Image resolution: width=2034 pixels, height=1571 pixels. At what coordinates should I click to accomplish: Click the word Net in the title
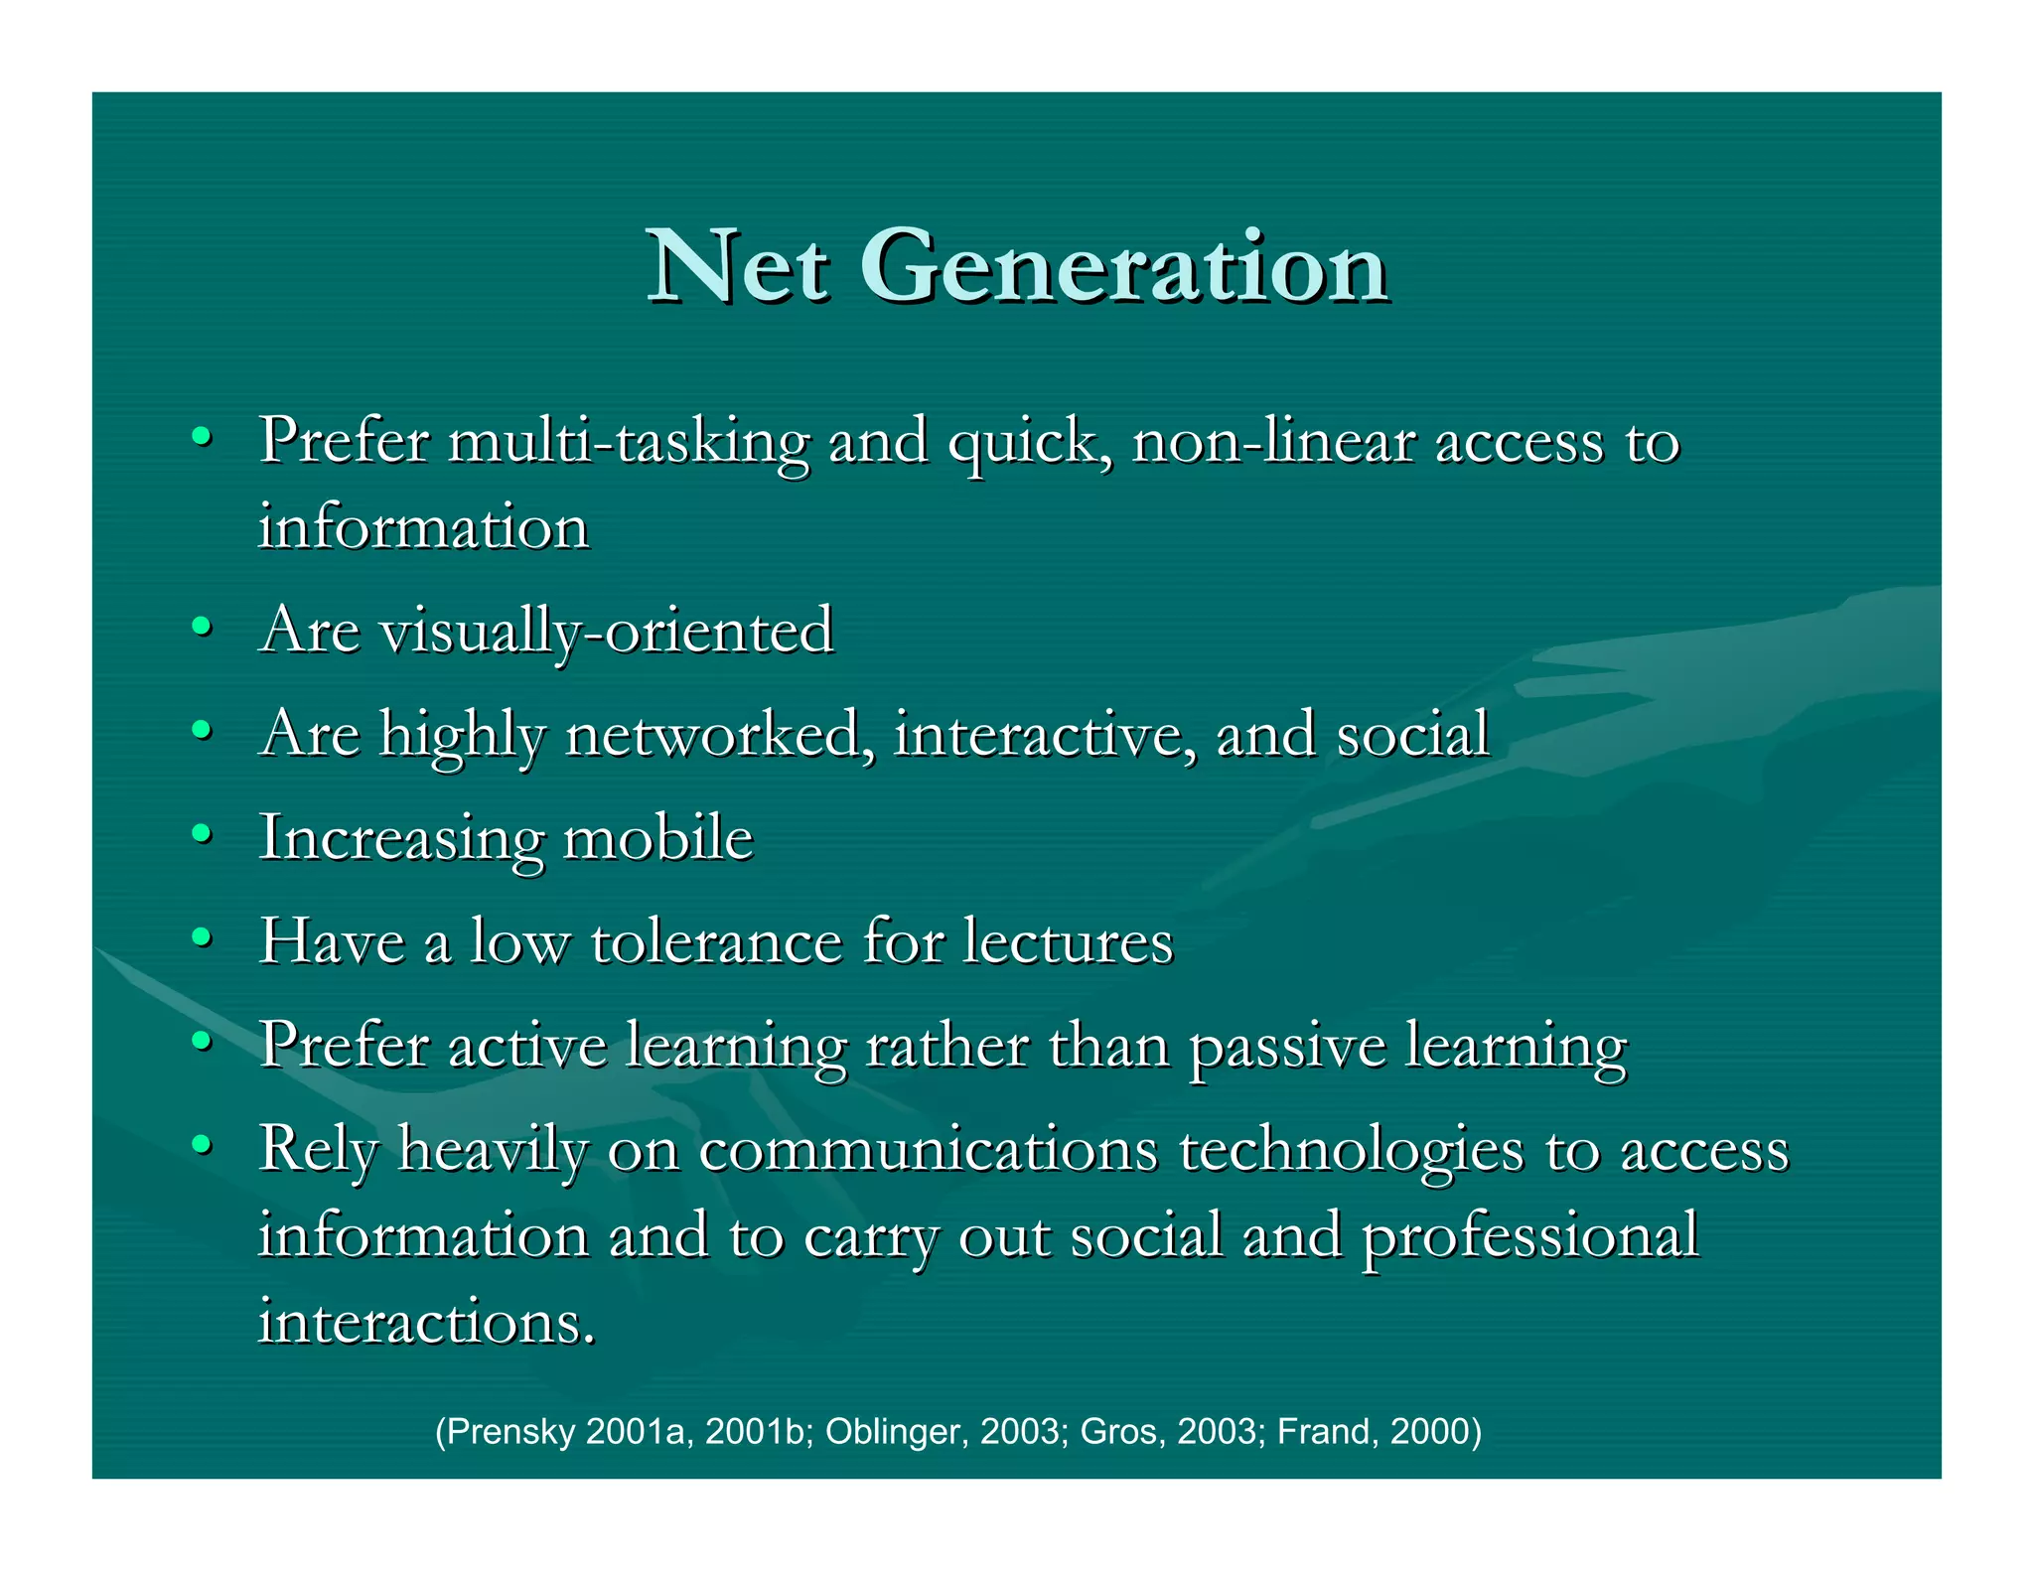click(x=737, y=266)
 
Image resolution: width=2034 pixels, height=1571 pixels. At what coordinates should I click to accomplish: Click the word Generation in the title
click(x=1124, y=266)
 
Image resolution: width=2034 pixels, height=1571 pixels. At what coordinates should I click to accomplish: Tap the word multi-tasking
click(x=629, y=442)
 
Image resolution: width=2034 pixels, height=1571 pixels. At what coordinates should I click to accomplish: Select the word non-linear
click(x=1273, y=442)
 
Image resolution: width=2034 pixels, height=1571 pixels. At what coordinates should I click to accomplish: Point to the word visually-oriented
click(x=607, y=632)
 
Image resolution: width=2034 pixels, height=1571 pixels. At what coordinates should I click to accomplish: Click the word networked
click(x=720, y=735)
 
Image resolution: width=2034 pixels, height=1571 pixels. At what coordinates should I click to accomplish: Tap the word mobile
click(x=658, y=838)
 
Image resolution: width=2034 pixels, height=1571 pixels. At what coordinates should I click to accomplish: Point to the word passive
click(x=1287, y=1047)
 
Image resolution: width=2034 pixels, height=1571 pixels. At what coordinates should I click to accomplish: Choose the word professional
click(x=1529, y=1237)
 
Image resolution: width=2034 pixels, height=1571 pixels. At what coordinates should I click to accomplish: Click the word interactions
click(x=427, y=1323)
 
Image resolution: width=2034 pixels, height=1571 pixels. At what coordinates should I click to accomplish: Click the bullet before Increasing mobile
click(x=202, y=834)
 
